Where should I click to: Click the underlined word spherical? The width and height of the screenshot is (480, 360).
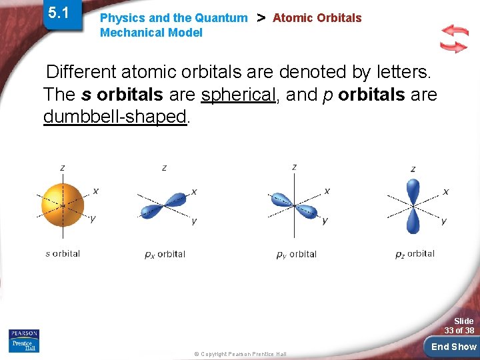pyautogui.click(x=238, y=95)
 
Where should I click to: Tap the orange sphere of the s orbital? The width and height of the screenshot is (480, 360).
pyautogui.click(x=63, y=205)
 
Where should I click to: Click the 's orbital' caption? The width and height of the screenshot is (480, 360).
pyautogui.click(x=63, y=253)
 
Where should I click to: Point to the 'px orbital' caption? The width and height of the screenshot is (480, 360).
pyautogui.click(x=165, y=254)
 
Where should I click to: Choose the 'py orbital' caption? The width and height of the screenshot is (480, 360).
pyautogui.click(x=296, y=254)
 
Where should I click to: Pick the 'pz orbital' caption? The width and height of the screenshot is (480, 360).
pyautogui.click(x=415, y=254)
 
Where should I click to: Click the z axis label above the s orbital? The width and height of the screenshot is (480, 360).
pyautogui.click(x=62, y=168)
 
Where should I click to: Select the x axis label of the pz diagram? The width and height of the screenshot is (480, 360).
pyautogui.click(x=446, y=191)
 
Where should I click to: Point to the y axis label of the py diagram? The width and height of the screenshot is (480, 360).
pyautogui.click(x=325, y=221)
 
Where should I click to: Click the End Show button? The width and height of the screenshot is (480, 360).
pyautogui.click(x=453, y=347)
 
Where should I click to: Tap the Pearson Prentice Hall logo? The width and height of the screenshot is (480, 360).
pyautogui.click(x=24, y=341)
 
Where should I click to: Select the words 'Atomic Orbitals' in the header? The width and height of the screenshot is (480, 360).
pyautogui.click(x=317, y=18)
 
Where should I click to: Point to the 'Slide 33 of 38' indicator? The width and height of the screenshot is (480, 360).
pyautogui.click(x=459, y=326)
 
